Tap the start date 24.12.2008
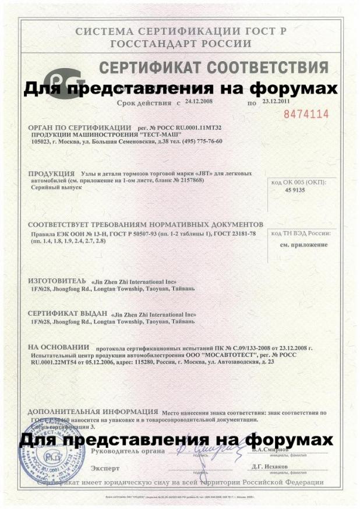pyautogui.click(x=200, y=101)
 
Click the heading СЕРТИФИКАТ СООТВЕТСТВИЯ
pyautogui.click(x=213, y=68)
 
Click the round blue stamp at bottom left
pyautogui.click(x=55, y=461)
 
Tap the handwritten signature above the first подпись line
pyautogui.click(x=203, y=449)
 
